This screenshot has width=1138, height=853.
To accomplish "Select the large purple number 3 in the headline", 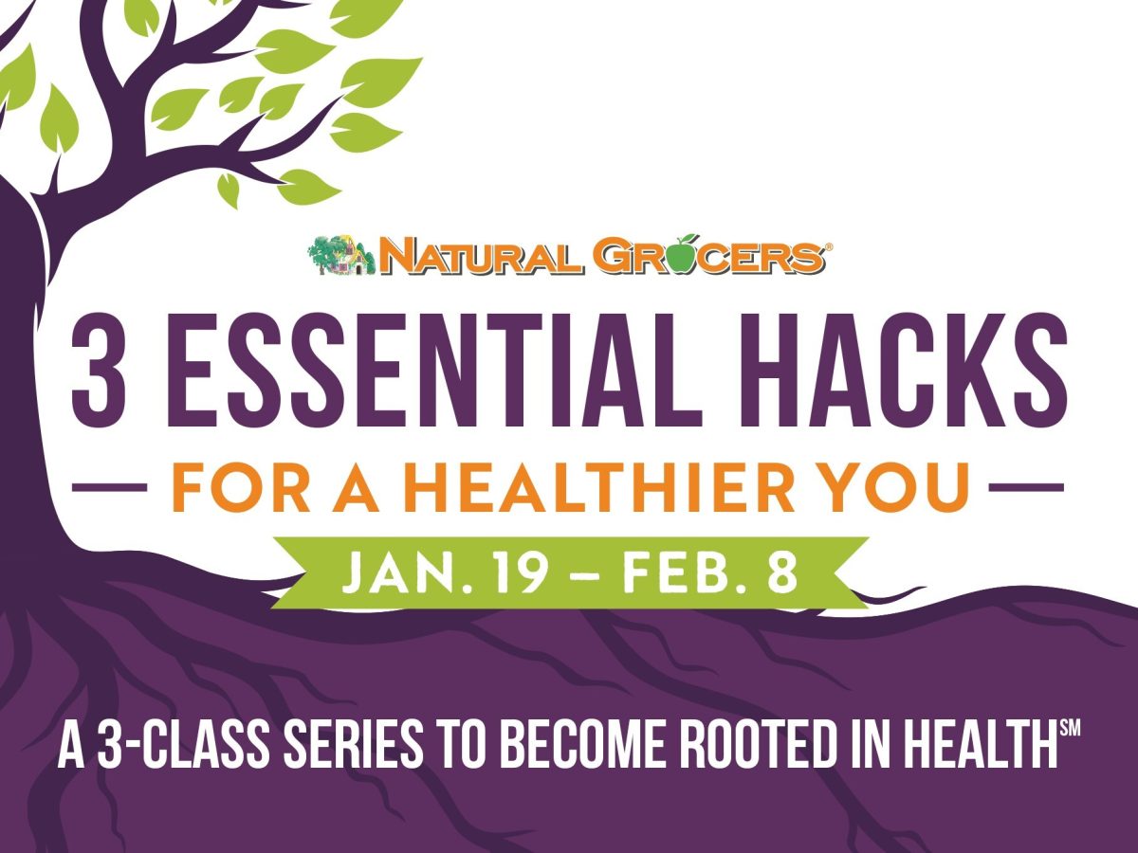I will (x=101, y=373).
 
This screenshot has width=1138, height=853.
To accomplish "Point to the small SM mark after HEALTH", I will (x=1069, y=731).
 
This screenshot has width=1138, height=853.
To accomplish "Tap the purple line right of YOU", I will (x=1026, y=490).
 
